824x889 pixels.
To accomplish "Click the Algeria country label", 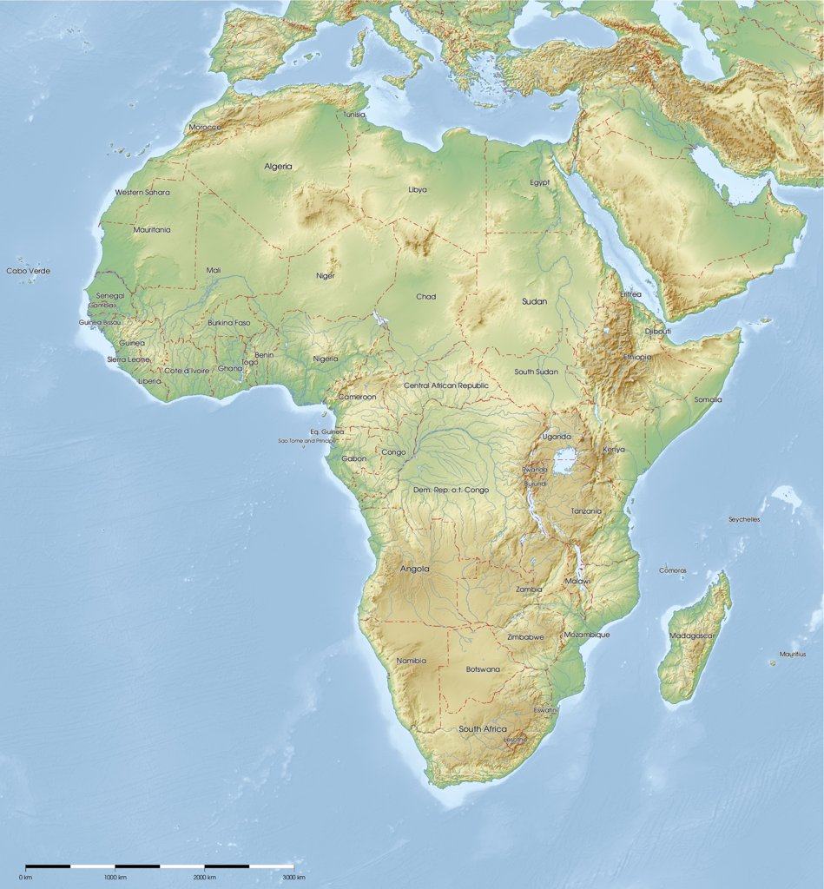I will click(x=278, y=166).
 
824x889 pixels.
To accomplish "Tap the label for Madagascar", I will click(x=691, y=635).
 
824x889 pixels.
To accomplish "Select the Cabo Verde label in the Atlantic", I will click(x=29, y=271).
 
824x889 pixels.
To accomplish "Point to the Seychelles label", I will click(x=744, y=519).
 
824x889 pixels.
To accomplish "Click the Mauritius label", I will click(x=792, y=654).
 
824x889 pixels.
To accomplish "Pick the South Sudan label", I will click(x=536, y=372).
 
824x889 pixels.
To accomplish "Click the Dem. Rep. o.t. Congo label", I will click(x=451, y=490).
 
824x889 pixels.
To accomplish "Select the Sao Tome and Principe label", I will click(x=307, y=441).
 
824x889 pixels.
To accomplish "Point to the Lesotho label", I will click(x=515, y=740).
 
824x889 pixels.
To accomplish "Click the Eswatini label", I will click(x=546, y=710).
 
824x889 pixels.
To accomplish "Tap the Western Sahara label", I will click(x=142, y=192).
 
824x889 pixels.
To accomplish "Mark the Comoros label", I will click(x=673, y=570).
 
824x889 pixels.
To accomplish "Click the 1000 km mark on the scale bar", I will click(x=115, y=877).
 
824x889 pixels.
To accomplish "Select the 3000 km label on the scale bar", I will click(x=294, y=877).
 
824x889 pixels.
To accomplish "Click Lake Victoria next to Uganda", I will click(x=565, y=460).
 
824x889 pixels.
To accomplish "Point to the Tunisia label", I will click(x=354, y=115).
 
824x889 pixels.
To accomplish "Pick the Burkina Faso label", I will click(x=228, y=323).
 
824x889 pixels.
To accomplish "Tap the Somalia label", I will click(x=708, y=399).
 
